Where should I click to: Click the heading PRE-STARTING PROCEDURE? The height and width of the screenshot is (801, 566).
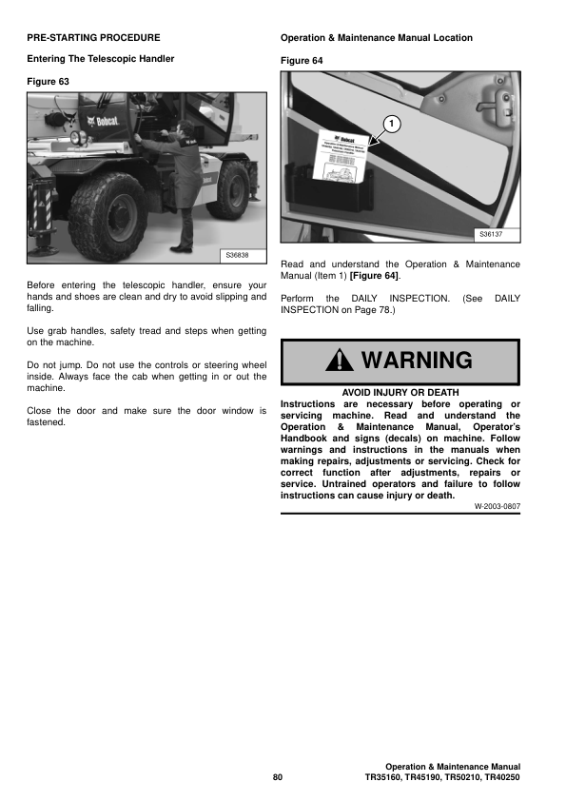93,38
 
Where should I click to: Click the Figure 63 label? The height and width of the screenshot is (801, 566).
48,82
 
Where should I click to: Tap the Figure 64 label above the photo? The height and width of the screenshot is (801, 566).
302,61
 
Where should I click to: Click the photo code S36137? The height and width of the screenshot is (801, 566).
492,234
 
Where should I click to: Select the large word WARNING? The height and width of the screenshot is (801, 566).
416,361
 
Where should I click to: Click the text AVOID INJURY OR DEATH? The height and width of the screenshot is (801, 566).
400,392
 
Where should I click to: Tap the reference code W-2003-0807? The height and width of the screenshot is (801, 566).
498,508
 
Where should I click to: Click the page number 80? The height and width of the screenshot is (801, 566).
278,778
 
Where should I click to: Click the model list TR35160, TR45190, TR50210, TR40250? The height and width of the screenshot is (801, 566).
442,778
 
